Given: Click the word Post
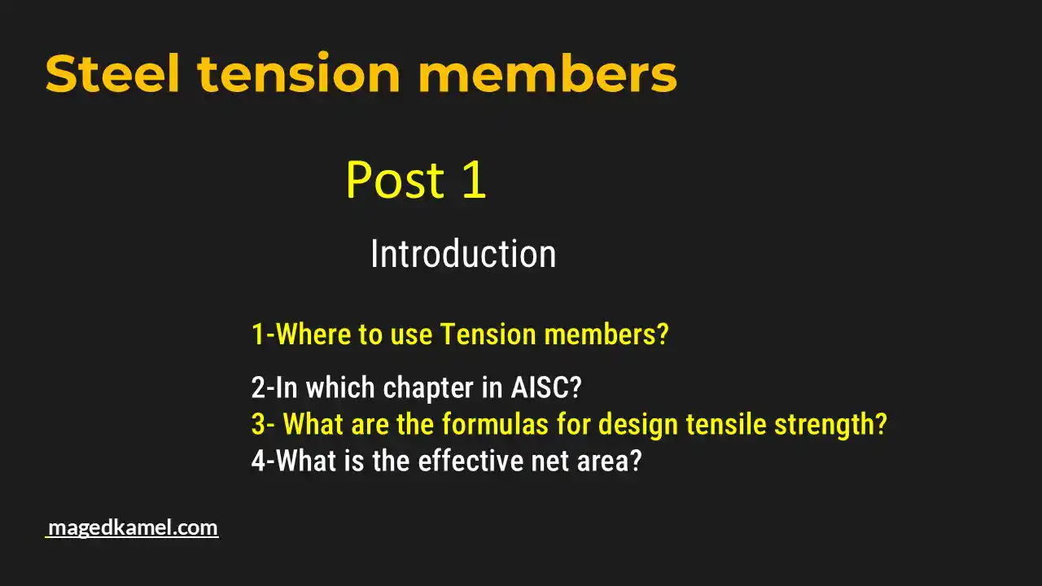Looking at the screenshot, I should tap(396, 180).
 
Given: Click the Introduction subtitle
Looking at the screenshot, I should tap(463, 254).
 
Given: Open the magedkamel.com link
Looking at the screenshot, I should tap(133, 527).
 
